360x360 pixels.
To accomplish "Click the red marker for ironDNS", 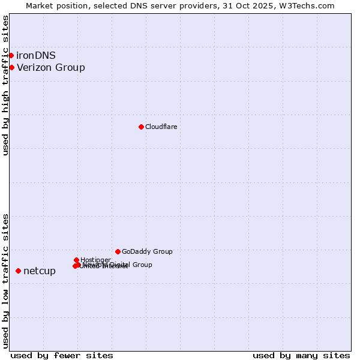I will (x=11, y=55).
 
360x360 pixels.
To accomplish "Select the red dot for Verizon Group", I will (x=11, y=67).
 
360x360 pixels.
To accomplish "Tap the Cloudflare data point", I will (x=141, y=127).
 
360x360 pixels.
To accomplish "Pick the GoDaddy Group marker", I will (x=118, y=251).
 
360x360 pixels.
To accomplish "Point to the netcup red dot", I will (x=18, y=271).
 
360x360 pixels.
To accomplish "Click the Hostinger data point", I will (x=76, y=260).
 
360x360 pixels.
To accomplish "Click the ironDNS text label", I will (x=36, y=55).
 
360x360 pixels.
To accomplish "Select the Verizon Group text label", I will (x=51, y=67).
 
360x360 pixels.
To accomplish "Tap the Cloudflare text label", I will (x=161, y=127).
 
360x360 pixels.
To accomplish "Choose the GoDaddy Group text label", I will (x=147, y=251).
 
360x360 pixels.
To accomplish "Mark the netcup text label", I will (x=40, y=271).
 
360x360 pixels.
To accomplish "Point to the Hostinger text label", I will (x=95, y=260).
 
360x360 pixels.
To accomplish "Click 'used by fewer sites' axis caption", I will (x=62, y=355).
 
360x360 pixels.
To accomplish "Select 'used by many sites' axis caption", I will (x=301, y=355).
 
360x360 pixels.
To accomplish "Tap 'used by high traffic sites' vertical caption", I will (x=5, y=86).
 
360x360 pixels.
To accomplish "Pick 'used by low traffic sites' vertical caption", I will (x=5, y=281).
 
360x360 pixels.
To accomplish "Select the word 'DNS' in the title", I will (x=142, y=5).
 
